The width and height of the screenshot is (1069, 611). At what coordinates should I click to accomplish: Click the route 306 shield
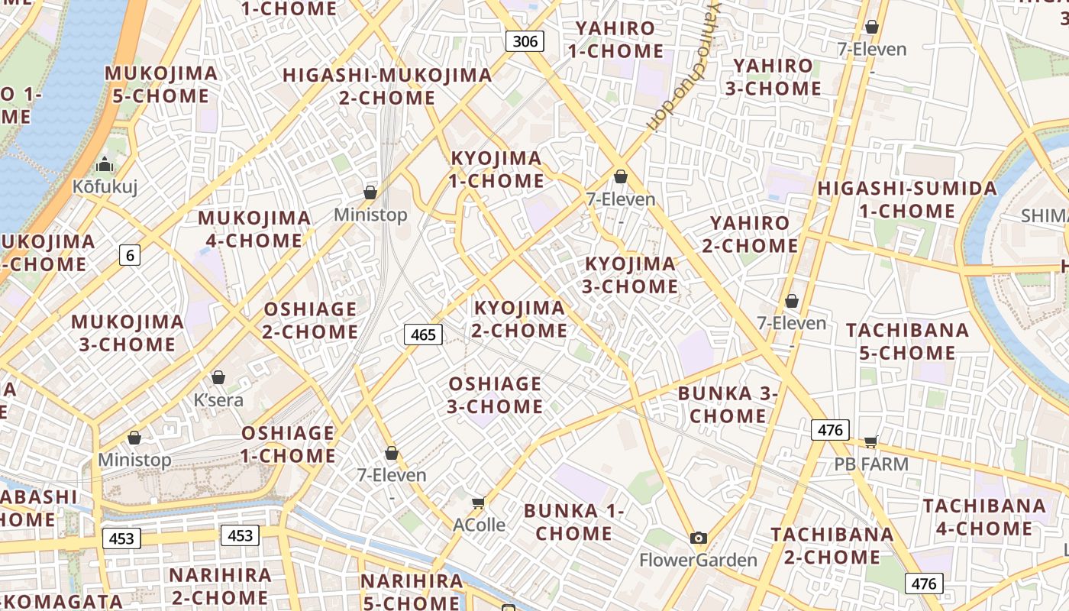[525, 41]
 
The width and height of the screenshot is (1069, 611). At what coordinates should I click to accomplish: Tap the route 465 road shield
[423, 334]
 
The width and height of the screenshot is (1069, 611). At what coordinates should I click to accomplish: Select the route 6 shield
[130, 255]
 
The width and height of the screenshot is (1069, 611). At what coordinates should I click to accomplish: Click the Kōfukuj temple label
[105, 186]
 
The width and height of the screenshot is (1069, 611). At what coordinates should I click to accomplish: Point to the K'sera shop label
[218, 399]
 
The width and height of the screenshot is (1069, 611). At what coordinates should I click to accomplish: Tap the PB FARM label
[870, 464]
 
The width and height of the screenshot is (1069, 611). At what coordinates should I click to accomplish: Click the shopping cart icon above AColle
[479, 503]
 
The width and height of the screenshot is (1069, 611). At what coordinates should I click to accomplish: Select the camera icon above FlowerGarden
[698, 538]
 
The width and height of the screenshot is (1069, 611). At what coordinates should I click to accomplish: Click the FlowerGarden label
[698, 560]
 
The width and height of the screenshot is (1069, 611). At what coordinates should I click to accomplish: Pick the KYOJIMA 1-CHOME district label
[496, 170]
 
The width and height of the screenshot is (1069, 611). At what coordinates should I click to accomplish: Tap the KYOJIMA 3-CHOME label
[631, 275]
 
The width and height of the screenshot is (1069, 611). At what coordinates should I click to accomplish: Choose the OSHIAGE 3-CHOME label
[495, 395]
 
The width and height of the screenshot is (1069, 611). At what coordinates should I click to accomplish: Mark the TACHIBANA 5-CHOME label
[907, 341]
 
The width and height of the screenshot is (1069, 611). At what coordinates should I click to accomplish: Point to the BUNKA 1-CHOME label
[574, 522]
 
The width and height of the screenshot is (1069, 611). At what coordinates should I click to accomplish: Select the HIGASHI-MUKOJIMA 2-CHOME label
[387, 86]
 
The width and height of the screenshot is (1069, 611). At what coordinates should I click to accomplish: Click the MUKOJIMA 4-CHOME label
[254, 229]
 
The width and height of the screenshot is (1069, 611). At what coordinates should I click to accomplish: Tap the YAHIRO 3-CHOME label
[773, 77]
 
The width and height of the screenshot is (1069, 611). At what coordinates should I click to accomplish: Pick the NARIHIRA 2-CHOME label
[220, 586]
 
